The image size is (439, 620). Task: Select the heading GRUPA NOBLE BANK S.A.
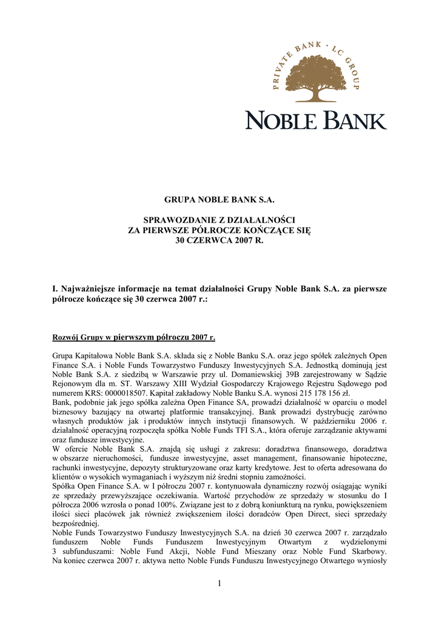pyautogui.click(x=219, y=200)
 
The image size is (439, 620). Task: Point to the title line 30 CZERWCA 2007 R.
pyautogui.click(x=219, y=240)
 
